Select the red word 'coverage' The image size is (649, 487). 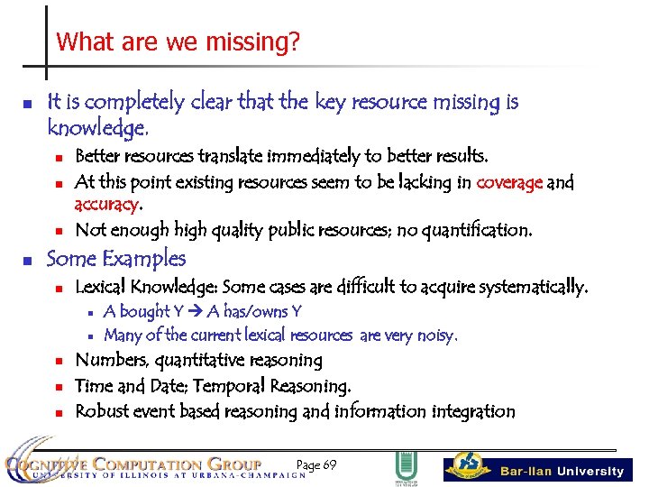(x=509, y=182)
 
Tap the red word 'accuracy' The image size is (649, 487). (x=106, y=205)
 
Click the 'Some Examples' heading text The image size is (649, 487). (x=116, y=259)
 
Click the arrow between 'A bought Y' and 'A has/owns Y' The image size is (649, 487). (x=194, y=312)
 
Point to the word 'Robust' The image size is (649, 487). (x=102, y=411)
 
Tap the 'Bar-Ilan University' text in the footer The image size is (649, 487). (x=562, y=471)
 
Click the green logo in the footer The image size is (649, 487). (x=406, y=468)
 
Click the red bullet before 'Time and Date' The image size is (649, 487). (x=56, y=387)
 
